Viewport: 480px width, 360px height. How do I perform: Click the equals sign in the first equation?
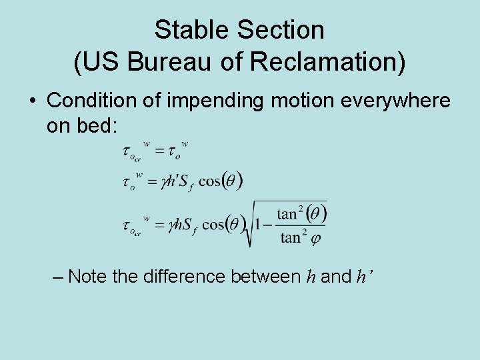[160, 152]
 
